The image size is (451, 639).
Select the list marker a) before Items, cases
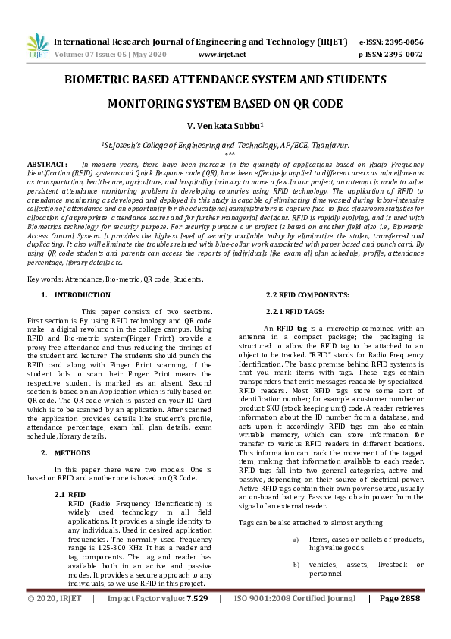296,540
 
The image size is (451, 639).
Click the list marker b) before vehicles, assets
296,565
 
